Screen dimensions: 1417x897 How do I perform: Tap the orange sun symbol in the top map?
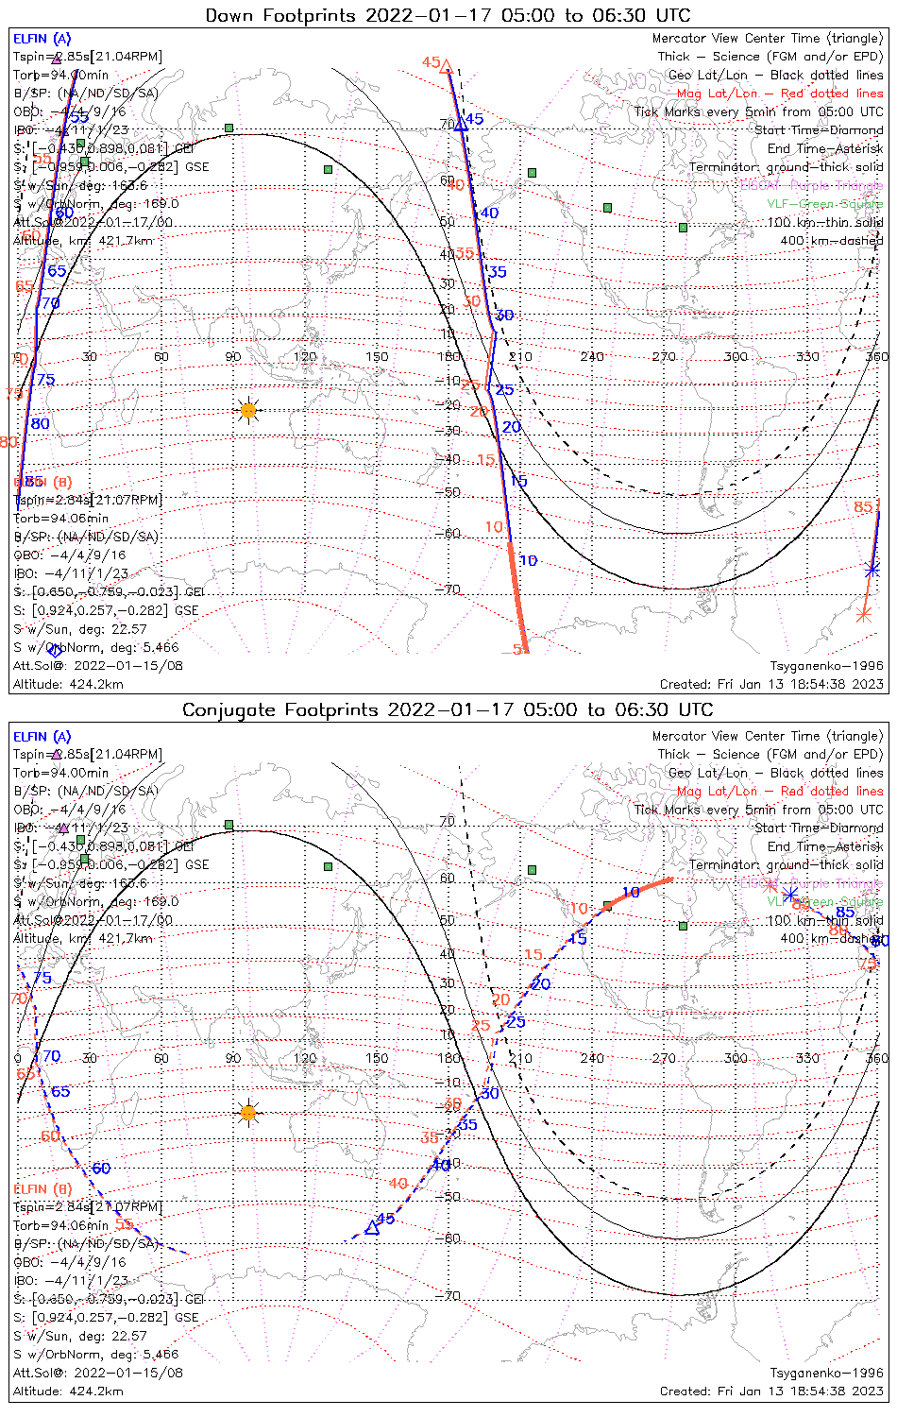click(x=248, y=410)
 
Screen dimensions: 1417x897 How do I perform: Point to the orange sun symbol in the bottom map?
click(x=248, y=1113)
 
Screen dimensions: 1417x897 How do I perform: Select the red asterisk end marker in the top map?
click(x=863, y=615)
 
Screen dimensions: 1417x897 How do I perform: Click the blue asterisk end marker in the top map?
click(x=873, y=569)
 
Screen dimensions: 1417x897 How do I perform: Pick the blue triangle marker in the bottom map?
click(x=371, y=1228)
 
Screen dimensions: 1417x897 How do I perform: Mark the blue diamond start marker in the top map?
click(x=55, y=650)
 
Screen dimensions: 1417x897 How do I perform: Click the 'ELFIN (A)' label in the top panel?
click(x=42, y=39)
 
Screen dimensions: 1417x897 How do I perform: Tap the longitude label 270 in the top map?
click(x=664, y=356)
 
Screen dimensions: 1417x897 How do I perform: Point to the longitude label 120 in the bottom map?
click(x=305, y=1058)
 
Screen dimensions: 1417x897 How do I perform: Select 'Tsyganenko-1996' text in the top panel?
click(x=827, y=666)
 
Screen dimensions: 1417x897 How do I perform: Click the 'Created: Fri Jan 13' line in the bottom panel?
click(x=771, y=1391)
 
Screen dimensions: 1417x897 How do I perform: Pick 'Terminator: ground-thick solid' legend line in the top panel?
click(x=787, y=167)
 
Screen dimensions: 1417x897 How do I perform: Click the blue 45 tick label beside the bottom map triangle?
click(x=385, y=1219)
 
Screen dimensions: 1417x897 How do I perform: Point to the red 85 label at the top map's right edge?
click(x=863, y=507)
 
